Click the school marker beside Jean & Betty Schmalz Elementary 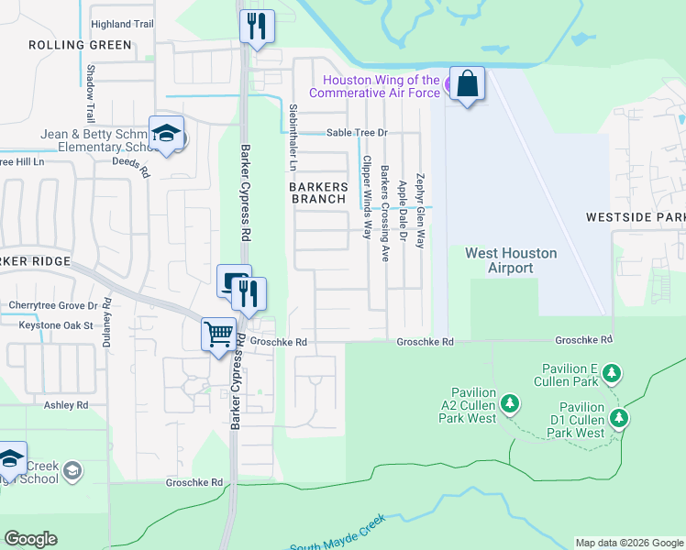(x=167, y=134)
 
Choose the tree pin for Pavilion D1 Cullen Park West (x=619, y=419)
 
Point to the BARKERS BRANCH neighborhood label (x=319, y=192)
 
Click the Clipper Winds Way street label (x=366, y=197)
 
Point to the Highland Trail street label (x=122, y=24)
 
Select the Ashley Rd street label (x=66, y=404)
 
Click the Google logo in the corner (x=30, y=539)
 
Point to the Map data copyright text (x=628, y=543)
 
